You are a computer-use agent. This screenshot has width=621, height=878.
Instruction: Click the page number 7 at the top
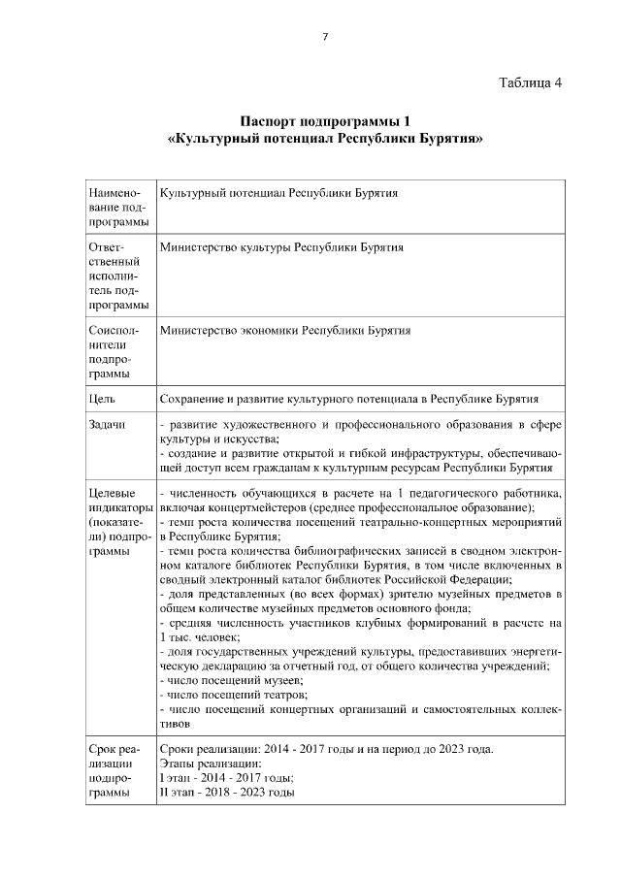pos(325,37)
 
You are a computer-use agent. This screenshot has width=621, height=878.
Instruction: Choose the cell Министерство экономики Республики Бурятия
pos(284,330)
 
